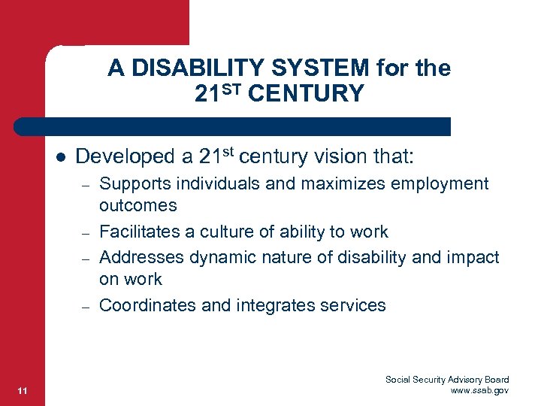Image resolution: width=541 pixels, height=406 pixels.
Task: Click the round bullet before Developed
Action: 59,157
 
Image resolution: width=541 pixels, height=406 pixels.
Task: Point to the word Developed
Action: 124,156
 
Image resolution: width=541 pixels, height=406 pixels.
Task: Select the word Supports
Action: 134,184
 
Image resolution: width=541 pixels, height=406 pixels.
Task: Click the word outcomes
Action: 138,205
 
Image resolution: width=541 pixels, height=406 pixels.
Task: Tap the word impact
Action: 474,258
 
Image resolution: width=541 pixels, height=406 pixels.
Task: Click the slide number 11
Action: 22,389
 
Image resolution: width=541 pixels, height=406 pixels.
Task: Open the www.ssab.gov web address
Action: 479,390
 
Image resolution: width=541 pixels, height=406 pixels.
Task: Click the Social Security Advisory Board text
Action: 447,380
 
